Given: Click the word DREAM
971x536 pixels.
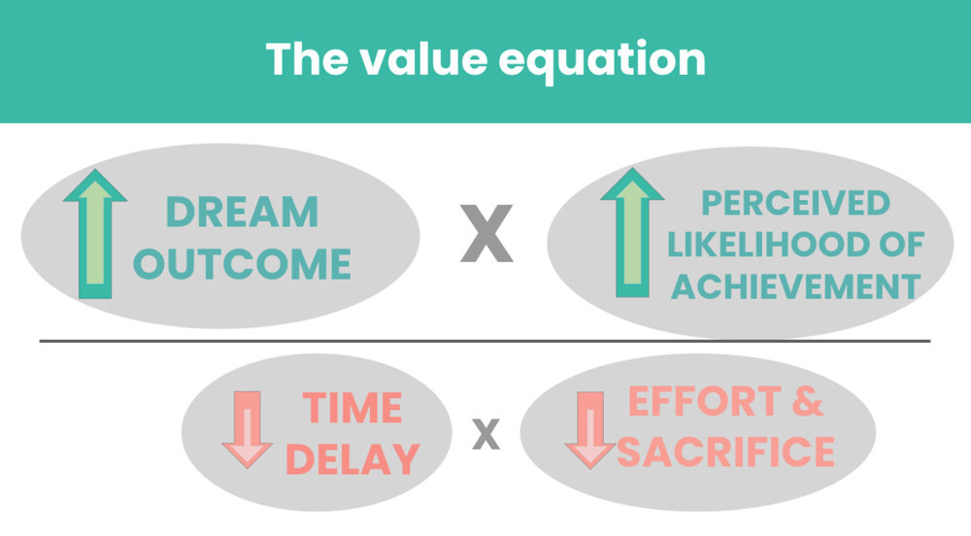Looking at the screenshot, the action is click(242, 213).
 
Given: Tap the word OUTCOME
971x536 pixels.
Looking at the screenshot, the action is click(242, 264).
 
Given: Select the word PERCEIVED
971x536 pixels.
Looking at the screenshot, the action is click(796, 203).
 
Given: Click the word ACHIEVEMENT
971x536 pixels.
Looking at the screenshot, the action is click(796, 286).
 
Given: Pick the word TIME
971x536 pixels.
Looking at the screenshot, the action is click(352, 408).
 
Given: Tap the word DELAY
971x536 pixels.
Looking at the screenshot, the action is click(352, 459).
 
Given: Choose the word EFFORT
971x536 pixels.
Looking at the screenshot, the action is click(705, 401).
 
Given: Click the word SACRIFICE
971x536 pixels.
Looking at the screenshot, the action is click(725, 452).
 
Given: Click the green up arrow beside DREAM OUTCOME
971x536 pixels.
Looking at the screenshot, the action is click(95, 234).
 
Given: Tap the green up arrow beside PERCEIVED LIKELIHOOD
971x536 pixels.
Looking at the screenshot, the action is click(632, 232).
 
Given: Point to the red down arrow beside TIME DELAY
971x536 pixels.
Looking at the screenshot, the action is click(247, 429).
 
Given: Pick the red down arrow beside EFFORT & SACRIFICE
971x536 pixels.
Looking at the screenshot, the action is click(590, 430).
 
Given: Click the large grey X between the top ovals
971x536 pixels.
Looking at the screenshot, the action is click(486, 233).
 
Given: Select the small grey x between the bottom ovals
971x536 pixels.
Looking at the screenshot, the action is click(486, 434).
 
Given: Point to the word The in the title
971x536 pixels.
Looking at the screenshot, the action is click(307, 59).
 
